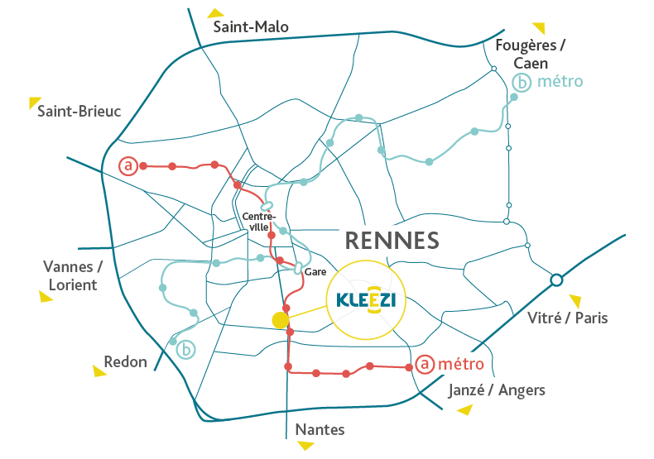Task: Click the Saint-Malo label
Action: (251, 27)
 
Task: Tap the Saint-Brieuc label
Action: (79, 111)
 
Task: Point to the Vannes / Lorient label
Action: (71, 275)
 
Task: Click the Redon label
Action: (126, 361)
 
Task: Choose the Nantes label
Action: (320, 429)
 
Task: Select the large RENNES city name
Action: (390, 241)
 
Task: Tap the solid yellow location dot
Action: (281, 320)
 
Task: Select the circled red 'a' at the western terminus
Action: (127, 166)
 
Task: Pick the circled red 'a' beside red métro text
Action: (424, 364)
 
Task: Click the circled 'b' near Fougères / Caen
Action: (522, 83)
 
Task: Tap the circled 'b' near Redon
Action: (187, 350)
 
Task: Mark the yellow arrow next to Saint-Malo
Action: (217, 12)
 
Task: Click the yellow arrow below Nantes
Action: (306, 446)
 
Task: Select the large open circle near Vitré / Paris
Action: (556, 280)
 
